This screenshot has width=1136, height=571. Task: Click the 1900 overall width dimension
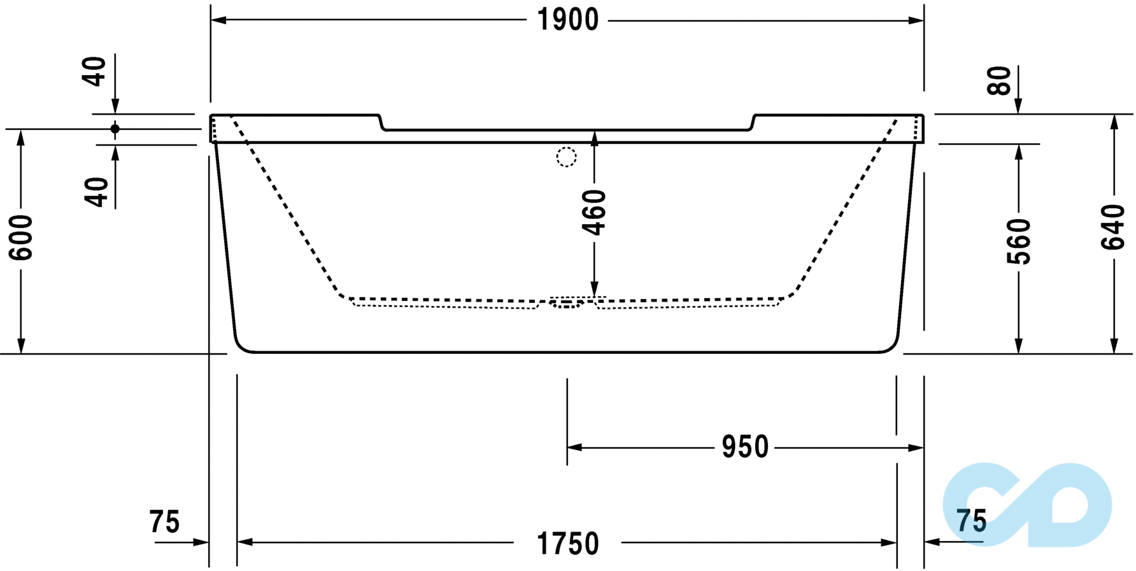tap(567, 20)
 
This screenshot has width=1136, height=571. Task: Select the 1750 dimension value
tap(567, 544)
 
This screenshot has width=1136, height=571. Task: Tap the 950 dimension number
tap(744, 447)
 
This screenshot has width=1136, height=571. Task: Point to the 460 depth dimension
tap(594, 212)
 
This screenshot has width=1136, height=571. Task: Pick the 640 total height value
tap(1113, 227)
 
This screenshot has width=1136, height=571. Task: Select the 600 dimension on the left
tap(21, 237)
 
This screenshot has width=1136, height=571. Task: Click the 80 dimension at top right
tap(999, 80)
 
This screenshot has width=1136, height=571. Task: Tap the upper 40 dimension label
tap(94, 71)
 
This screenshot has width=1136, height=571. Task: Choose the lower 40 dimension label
tap(97, 192)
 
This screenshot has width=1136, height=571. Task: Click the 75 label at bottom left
tap(164, 522)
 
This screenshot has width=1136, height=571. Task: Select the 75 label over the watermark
tap(971, 521)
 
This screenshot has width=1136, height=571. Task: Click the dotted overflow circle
tap(566, 157)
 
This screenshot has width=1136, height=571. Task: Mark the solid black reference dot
tap(115, 129)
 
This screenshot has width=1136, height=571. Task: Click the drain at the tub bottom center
tap(567, 304)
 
